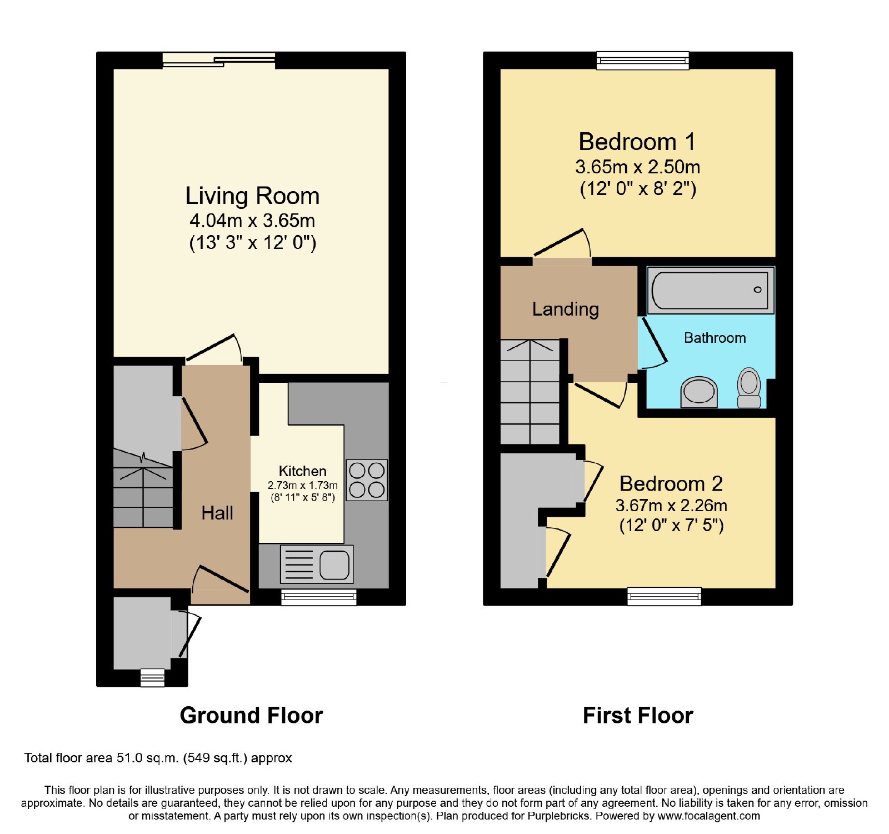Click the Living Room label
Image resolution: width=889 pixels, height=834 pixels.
click(252, 196)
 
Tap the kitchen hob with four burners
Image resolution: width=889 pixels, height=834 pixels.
click(367, 480)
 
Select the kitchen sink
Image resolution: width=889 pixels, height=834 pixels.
click(317, 565)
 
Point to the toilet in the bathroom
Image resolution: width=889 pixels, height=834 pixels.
click(749, 387)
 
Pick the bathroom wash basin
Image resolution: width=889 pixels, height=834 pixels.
click(699, 392)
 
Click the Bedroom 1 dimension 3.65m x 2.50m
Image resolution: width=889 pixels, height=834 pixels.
click(637, 167)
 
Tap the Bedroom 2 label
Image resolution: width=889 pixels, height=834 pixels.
click(671, 483)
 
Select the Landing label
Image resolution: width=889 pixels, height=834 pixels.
click(566, 309)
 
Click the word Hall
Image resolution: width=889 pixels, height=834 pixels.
click(217, 513)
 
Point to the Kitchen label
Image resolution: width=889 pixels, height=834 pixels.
click(302, 471)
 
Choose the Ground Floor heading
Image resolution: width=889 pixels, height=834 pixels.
click(251, 715)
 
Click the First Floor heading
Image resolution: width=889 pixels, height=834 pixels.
click(638, 715)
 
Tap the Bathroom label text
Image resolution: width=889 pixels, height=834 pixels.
click(715, 338)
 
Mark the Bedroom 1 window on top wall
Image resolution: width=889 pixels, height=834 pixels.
click(643, 61)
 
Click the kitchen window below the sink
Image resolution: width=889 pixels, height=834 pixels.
click(318, 597)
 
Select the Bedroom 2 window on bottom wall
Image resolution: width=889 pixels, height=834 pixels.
click(664, 597)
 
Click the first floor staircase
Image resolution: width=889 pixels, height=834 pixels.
click(530, 392)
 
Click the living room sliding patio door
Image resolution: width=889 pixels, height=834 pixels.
click(219, 60)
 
